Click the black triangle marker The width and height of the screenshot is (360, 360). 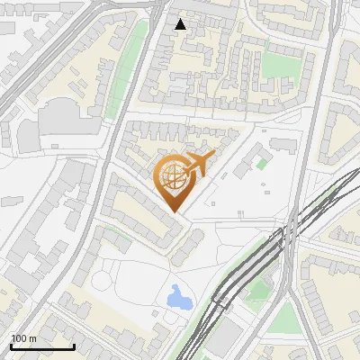click(181, 24)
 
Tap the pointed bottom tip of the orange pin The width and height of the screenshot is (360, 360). click(175, 212)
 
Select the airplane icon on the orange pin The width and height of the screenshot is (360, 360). click(198, 164)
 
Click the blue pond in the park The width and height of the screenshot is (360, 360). click(179, 296)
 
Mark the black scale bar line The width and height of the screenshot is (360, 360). click(42, 346)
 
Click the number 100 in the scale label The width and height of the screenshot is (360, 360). click(18, 338)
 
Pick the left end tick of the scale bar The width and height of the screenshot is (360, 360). click(11, 345)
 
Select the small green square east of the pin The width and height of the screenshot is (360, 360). click(262, 164)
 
